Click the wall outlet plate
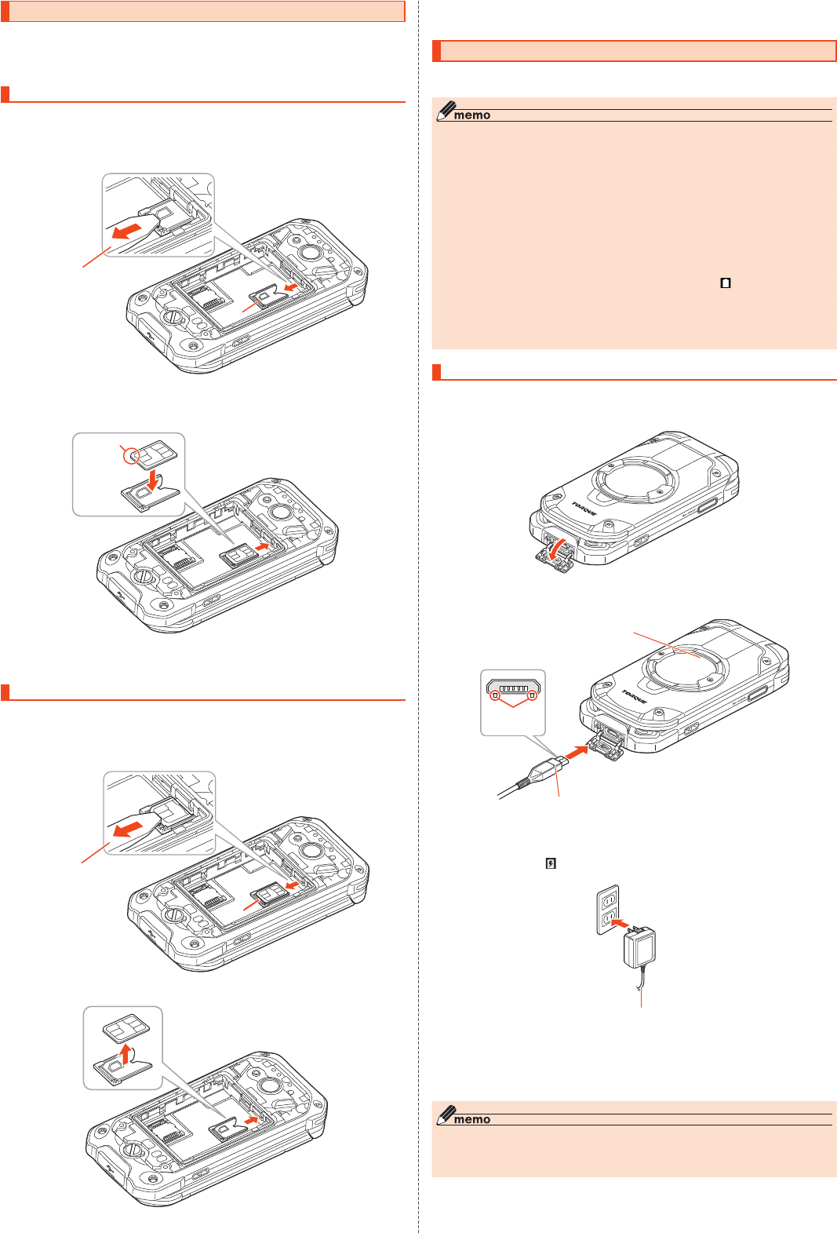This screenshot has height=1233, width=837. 608,910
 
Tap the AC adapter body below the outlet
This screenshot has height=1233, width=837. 639,947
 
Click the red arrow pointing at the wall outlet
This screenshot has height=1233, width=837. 620,922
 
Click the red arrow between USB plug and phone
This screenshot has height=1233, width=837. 577,752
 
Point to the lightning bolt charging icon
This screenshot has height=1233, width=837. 551,863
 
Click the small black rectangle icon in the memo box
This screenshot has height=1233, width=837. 726,283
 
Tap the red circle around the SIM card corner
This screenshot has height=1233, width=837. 131,455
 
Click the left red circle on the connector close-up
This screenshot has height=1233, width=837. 496,695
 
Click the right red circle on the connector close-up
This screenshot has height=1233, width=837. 532,695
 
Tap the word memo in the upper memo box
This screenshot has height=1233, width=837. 471,115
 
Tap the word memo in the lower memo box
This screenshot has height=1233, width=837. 471,1120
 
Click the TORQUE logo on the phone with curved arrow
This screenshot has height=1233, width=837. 584,508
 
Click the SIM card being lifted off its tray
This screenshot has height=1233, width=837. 126,1027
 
